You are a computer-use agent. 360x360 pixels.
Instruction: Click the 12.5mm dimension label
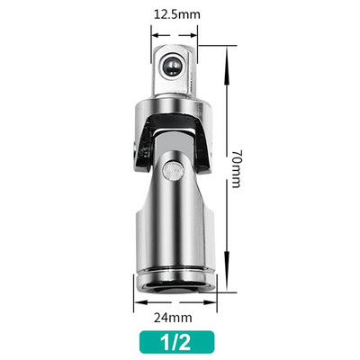(176, 14)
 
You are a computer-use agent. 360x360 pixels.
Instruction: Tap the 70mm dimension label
(236, 169)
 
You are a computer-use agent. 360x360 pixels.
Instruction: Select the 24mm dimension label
(173, 318)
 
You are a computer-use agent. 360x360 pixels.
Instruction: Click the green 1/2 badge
(176, 342)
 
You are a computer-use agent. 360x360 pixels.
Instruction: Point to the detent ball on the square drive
(172, 66)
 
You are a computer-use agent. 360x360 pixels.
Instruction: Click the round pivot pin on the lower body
(173, 171)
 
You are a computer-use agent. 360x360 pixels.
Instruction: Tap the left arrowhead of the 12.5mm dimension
(155, 35)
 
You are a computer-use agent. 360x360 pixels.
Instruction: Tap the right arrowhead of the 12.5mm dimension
(193, 35)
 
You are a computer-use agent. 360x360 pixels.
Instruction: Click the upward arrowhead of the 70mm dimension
(226, 56)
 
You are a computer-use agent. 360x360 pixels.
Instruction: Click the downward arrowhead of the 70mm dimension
(226, 282)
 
